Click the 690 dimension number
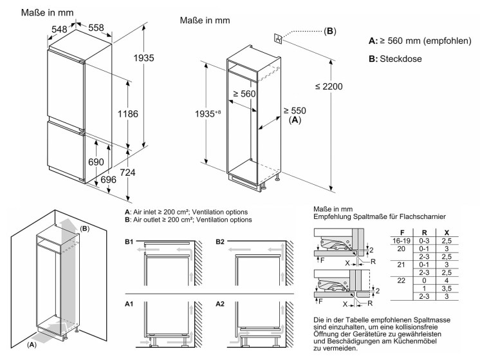95,162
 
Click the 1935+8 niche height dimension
191,114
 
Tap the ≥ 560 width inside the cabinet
245,94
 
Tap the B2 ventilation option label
221,241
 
